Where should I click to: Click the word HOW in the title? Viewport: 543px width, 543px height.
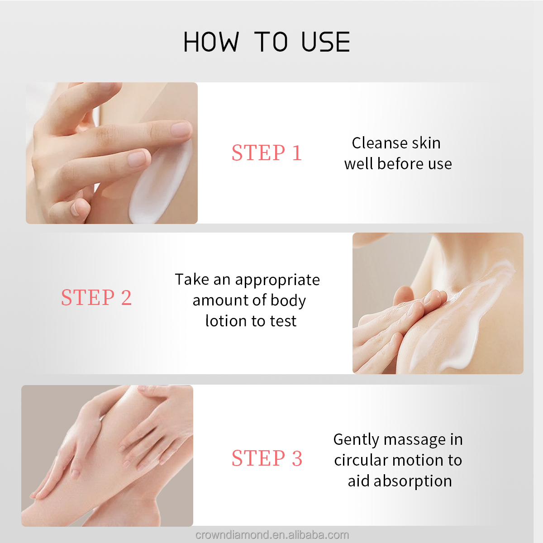pos(211,42)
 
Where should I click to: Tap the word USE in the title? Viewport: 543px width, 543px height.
pos(326,42)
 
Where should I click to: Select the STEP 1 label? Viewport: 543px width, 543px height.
pos(267,153)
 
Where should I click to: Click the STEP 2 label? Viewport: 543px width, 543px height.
pos(96,297)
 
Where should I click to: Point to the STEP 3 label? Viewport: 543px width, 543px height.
pos(267,458)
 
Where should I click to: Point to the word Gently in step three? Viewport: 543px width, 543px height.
pos(356,440)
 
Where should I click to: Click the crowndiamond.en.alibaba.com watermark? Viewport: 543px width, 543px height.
pos(272,534)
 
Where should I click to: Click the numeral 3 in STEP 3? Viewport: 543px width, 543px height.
pos(297,458)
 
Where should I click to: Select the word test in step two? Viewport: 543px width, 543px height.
pos(283,321)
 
